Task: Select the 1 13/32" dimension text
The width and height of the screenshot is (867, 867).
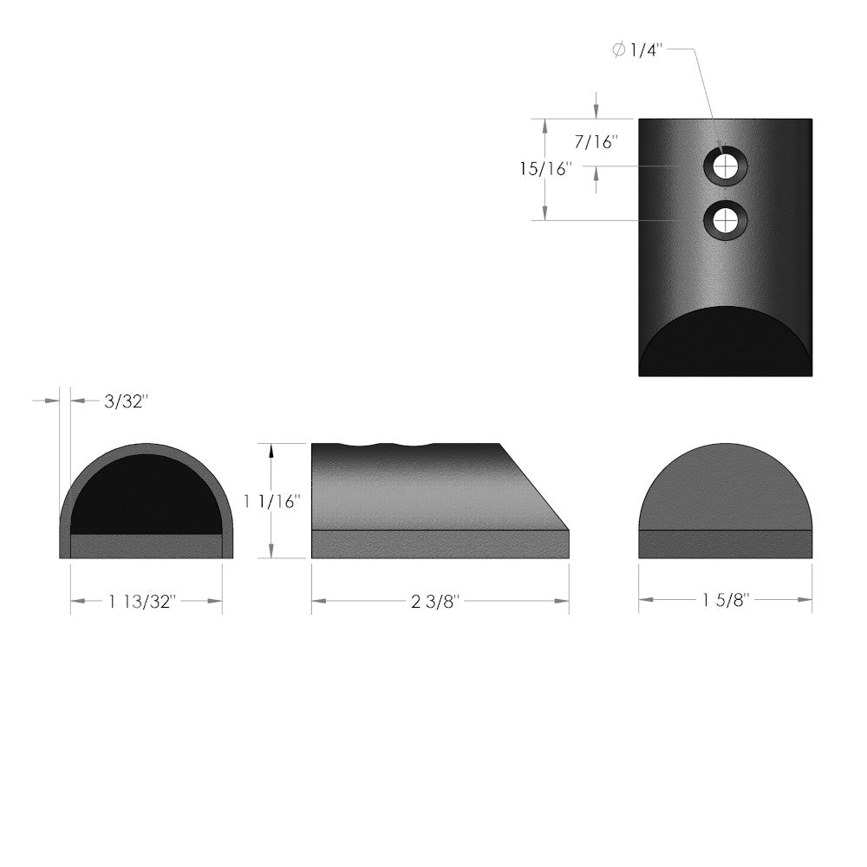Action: point(143,600)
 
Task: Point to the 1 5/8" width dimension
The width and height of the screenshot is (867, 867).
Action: point(726,600)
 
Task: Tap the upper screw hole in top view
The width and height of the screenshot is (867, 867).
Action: point(725,166)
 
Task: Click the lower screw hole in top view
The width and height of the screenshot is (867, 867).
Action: point(725,218)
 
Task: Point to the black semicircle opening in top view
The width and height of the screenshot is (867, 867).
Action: point(725,342)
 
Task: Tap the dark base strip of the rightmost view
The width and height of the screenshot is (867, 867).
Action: point(725,544)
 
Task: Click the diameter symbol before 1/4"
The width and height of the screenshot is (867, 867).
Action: point(617,51)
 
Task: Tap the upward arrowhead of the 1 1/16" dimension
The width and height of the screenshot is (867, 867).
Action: point(272,450)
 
